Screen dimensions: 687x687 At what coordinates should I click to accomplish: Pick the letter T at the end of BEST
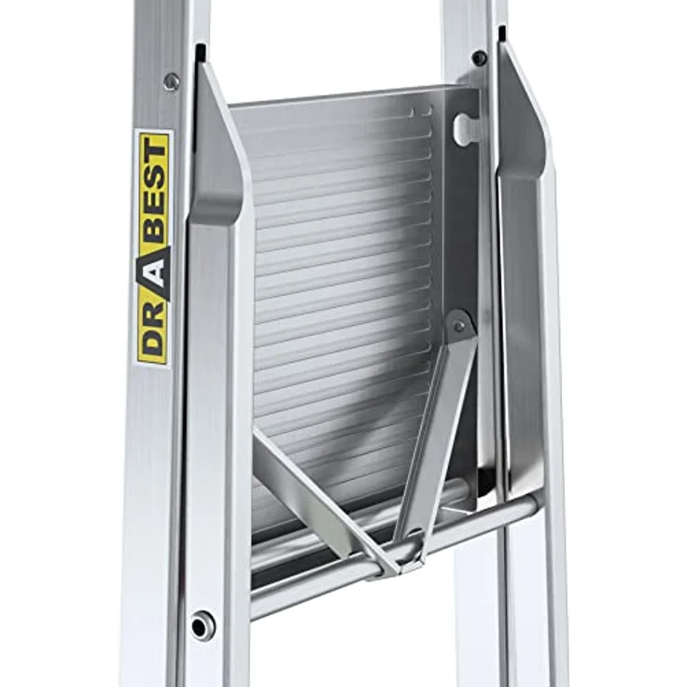pos(155,150)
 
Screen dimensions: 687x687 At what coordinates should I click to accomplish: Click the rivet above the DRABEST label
pos(172,81)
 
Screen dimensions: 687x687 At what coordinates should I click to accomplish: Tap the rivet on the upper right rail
pos(480,57)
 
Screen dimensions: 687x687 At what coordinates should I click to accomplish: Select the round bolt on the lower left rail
pos(202,626)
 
